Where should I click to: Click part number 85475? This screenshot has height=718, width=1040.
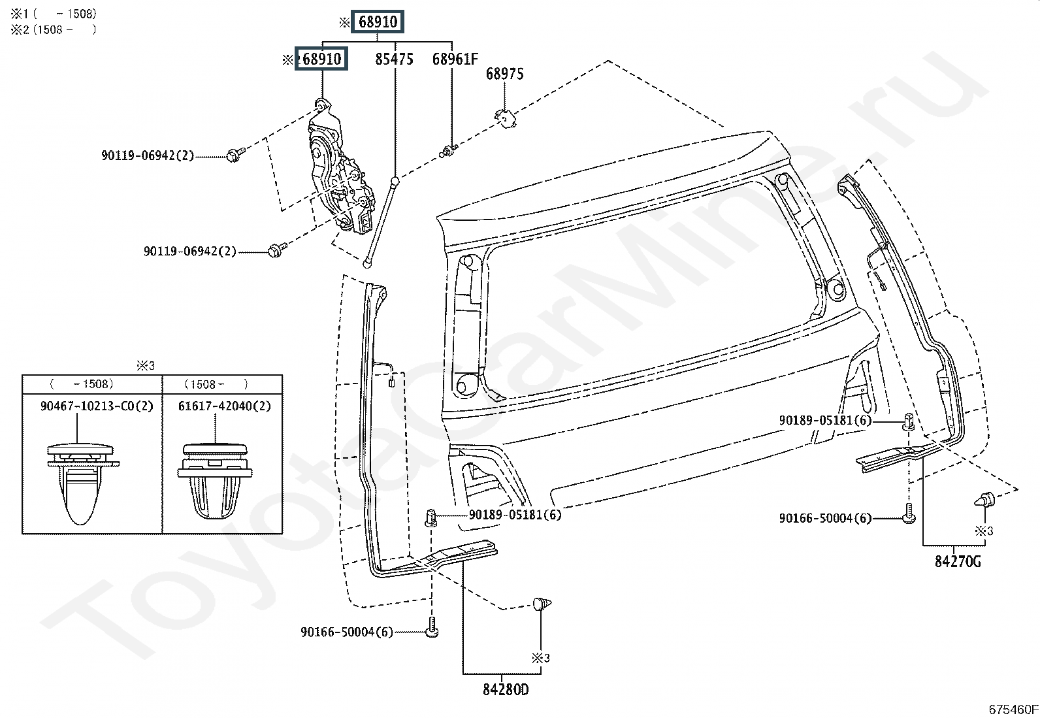click(394, 59)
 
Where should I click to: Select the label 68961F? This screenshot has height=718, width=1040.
click(455, 59)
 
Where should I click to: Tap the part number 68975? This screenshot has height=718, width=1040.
click(505, 73)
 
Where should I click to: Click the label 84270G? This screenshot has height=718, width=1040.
click(958, 561)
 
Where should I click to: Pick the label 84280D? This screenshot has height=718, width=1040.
click(506, 690)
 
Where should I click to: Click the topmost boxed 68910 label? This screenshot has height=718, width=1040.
click(377, 22)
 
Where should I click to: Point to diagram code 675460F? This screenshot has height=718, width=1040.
click(1013, 709)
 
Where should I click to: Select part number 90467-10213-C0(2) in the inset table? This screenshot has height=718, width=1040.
click(97, 406)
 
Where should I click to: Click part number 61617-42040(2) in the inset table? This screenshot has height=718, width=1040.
click(225, 406)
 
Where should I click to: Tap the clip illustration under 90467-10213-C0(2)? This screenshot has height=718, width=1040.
click(80, 483)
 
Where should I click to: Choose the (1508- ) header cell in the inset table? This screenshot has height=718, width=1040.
click(222, 384)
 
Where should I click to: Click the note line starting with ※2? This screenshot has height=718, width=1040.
click(54, 29)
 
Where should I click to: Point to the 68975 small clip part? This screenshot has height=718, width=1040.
click(506, 118)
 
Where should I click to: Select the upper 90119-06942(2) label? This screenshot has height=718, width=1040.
click(148, 155)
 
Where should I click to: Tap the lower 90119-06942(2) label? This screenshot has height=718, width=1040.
click(190, 252)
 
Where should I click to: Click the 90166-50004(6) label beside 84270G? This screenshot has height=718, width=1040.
click(826, 518)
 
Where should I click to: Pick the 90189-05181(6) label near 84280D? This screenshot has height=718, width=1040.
click(515, 515)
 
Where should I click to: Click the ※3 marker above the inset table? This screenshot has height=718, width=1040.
click(145, 366)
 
